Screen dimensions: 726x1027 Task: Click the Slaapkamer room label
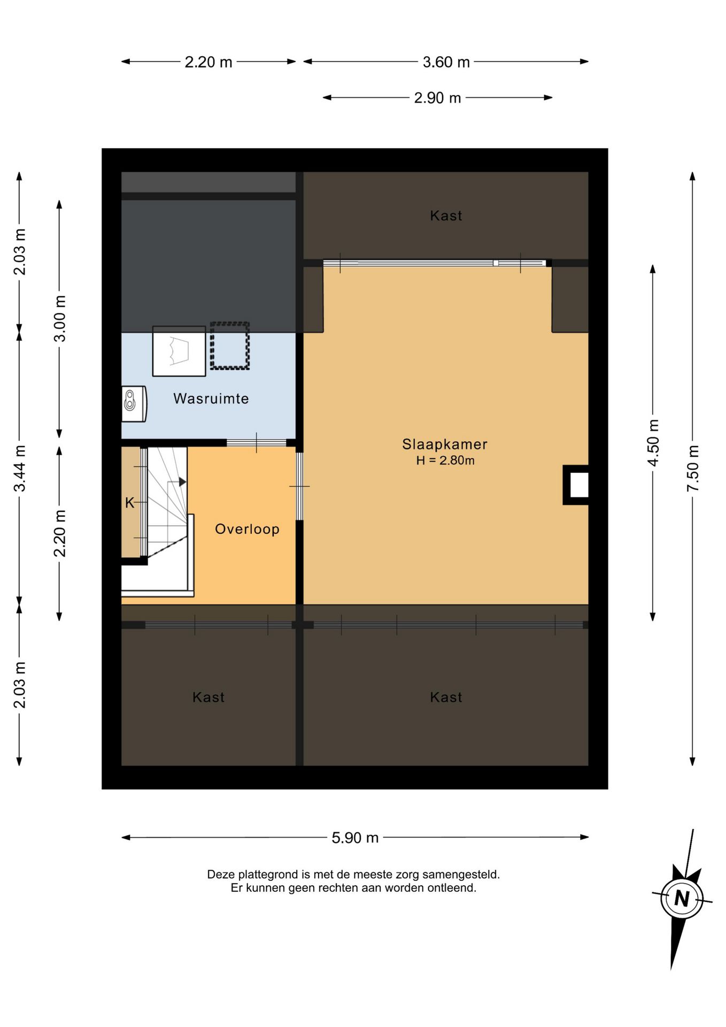tap(444, 444)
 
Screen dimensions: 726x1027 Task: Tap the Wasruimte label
tap(211, 398)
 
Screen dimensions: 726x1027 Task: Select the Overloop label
tap(247, 529)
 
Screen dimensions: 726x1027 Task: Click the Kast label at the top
tap(446, 216)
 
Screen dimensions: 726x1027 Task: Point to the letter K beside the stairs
tap(129, 503)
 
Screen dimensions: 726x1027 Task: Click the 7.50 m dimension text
tap(693, 468)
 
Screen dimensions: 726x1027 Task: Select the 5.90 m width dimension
tap(355, 838)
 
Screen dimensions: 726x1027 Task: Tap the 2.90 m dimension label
tap(437, 98)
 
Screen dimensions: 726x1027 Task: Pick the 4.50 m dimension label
tap(653, 443)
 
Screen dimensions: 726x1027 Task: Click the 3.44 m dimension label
tap(19, 468)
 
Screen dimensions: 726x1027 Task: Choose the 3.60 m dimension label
tap(446, 62)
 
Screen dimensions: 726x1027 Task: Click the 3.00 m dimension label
tap(59, 318)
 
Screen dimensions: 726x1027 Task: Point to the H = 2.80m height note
tap(445, 460)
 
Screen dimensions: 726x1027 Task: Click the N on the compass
tap(682, 898)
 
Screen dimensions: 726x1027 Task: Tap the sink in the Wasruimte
tap(134, 404)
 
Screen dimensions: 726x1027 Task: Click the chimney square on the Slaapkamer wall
tap(576, 485)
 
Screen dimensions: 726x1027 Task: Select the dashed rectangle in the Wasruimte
tap(230, 346)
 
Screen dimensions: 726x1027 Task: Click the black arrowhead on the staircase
tap(182, 482)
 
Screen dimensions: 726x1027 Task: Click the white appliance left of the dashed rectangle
tap(179, 351)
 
